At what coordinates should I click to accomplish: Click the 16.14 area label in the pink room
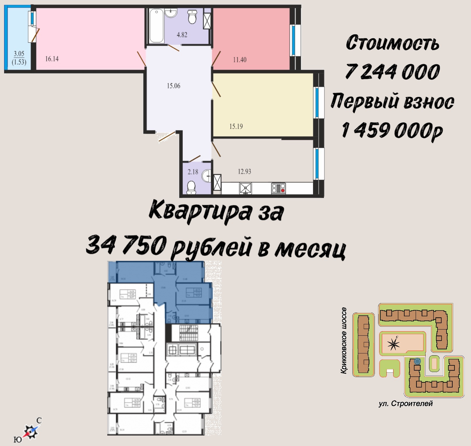point(52,59)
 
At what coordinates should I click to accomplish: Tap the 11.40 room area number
point(240,60)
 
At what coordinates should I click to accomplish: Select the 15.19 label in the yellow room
point(236,126)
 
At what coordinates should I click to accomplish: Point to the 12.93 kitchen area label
point(244,171)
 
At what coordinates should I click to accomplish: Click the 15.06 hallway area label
point(173,86)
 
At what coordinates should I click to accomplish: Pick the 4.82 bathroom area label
point(182,35)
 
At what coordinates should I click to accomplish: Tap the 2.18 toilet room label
point(193,172)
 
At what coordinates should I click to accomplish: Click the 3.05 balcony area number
point(19,54)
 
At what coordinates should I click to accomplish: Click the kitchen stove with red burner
point(278,188)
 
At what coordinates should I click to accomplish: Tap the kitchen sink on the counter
point(245,188)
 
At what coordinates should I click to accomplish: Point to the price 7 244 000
point(392,72)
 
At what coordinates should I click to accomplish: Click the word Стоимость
point(392,43)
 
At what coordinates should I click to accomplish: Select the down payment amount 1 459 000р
point(392,130)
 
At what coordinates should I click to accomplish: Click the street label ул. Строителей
point(405,403)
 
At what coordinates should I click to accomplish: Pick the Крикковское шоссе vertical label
point(344,340)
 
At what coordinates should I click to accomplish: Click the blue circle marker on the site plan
point(417,361)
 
